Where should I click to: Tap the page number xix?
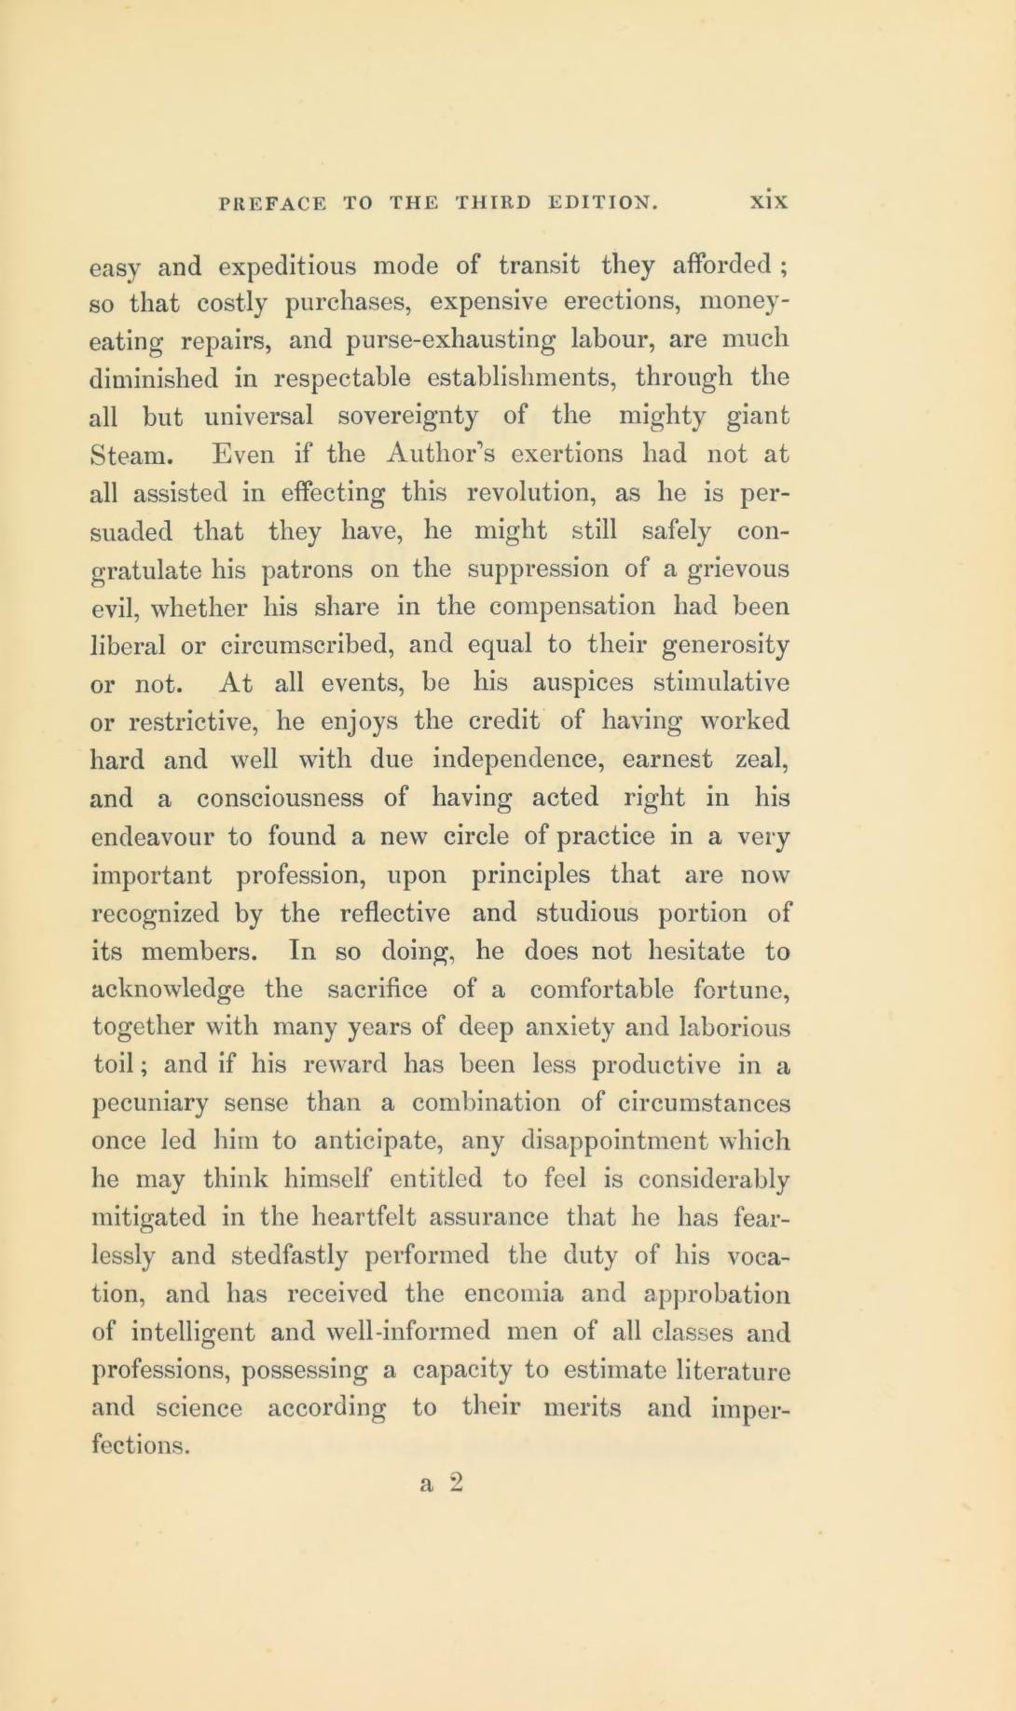click(771, 202)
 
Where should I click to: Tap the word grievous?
click(735, 568)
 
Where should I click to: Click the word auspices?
click(583, 683)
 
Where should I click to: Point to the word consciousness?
click(280, 798)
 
